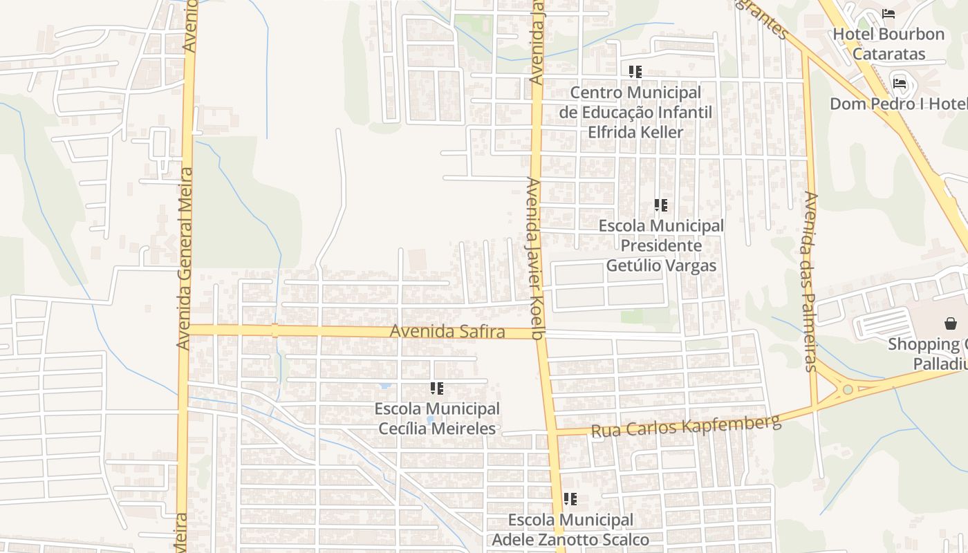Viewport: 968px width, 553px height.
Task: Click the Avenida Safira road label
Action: pyautogui.click(x=447, y=332)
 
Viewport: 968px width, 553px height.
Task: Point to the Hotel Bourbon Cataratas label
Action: pyautogui.click(x=888, y=44)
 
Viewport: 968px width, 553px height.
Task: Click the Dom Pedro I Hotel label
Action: pyautogui.click(x=898, y=104)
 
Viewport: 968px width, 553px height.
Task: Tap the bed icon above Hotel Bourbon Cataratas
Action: pyautogui.click(x=888, y=14)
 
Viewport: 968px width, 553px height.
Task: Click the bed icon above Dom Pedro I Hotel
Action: pyautogui.click(x=900, y=84)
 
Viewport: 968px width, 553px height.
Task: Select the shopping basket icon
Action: pyautogui.click(x=950, y=323)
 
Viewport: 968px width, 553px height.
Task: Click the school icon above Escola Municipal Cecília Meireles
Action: pyautogui.click(x=437, y=389)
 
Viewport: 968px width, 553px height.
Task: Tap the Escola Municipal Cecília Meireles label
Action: pyautogui.click(x=437, y=418)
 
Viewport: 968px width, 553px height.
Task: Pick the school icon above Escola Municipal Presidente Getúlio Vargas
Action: pyautogui.click(x=661, y=205)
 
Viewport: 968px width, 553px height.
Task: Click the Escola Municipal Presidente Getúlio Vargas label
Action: pyautogui.click(x=661, y=245)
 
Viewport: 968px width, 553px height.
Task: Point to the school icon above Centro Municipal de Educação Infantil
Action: pyautogui.click(x=635, y=72)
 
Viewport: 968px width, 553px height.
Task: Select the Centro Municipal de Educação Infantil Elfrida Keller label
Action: pyautogui.click(x=635, y=112)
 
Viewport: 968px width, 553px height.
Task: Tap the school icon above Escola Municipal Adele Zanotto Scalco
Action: pyautogui.click(x=570, y=499)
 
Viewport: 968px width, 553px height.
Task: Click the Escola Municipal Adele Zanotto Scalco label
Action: pyautogui.click(x=570, y=529)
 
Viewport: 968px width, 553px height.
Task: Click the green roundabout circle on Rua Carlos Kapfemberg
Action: pyautogui.click(x=848, y=390)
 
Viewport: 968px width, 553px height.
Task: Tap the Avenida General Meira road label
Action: pyautogui.click(x=184, y=258)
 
